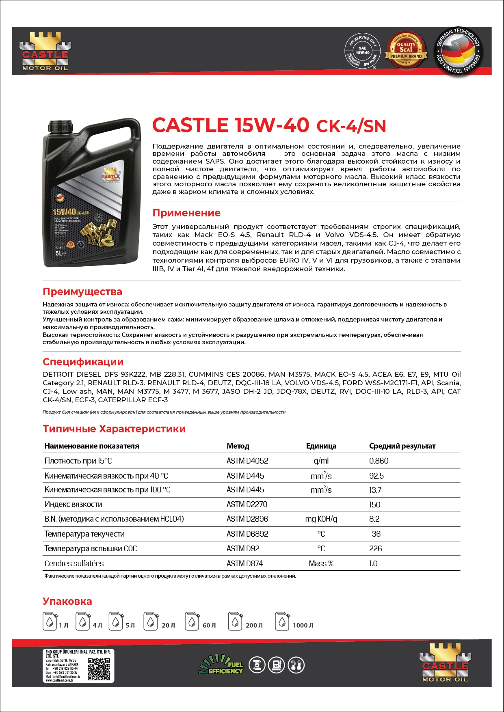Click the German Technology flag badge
(x=458, y=51)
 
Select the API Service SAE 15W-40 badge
(x=362, y=52)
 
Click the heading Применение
(x=186, y=213)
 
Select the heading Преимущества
(x=82, y=292)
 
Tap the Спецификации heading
(x=83, y=362)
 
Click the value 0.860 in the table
(x=379, y=461)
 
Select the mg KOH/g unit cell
(x=321, y=519)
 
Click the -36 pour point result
(x=375, y=534)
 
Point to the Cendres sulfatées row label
(x=74, y=564)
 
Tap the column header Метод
(x=238, y=446)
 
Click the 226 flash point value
(x=375, y=549)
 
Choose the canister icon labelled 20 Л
(x=151, y=621)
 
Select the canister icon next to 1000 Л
(x=282, y=621)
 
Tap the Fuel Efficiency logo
(x=221, y=665)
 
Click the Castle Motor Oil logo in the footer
(x=445, y=664)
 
